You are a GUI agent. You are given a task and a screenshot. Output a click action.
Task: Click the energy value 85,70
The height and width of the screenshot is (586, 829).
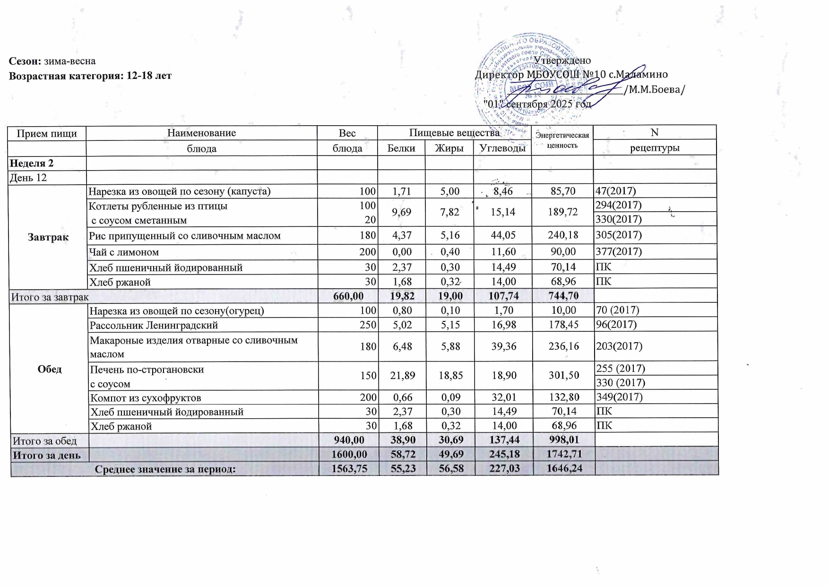563,191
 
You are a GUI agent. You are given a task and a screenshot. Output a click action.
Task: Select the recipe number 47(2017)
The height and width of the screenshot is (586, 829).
616,191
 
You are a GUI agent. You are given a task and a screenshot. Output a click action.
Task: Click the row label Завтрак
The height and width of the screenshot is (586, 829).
48,237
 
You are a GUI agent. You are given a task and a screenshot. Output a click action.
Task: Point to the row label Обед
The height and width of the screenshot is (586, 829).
49,369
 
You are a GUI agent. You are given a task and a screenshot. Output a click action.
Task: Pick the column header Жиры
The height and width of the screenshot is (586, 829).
449,148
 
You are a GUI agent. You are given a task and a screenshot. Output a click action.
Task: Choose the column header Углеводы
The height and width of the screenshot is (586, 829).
502,148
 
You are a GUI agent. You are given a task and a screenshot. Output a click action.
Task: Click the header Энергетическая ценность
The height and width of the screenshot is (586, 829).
562,140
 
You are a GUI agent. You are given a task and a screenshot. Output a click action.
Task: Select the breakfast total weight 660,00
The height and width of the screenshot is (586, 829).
348,296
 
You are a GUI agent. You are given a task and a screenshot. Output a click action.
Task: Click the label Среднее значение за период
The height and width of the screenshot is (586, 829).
165,469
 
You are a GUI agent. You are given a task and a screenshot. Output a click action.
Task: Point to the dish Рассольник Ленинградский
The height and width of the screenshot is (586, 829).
154,325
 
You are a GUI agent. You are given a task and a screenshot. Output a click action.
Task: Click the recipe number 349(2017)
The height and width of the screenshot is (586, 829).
619,397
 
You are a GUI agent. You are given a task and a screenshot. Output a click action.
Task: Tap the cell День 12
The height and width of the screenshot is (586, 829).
29,178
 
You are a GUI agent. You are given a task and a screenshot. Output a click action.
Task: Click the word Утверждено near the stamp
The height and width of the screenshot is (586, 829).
562,60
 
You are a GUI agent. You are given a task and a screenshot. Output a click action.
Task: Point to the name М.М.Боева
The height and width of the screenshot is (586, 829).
655,89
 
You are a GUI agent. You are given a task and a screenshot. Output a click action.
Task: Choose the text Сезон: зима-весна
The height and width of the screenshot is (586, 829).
52,61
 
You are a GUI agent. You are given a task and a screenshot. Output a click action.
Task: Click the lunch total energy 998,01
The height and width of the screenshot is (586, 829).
562,440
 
